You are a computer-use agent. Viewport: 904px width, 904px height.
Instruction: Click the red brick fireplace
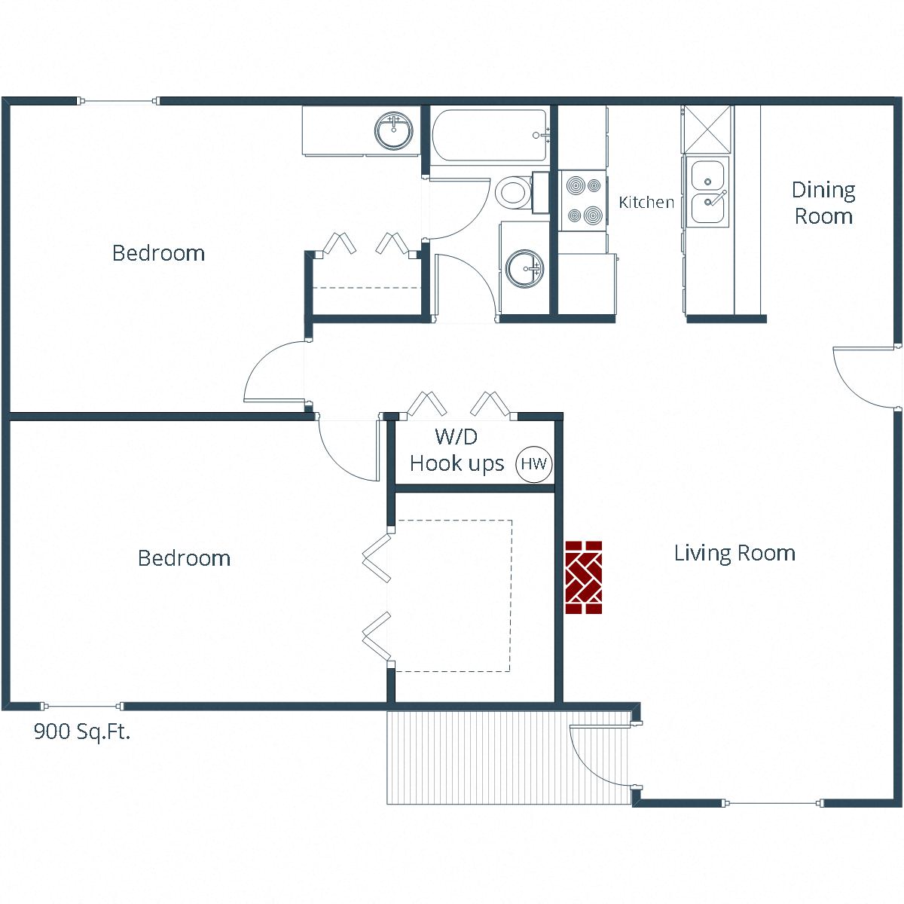click(584, 577)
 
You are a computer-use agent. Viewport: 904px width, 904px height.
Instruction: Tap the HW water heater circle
click(534, 463)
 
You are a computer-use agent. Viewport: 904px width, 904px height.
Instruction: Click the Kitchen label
click(646, 202)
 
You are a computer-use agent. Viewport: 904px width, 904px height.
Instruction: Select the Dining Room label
click(823, 203)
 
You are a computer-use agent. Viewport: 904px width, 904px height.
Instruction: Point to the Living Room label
click(734, 553)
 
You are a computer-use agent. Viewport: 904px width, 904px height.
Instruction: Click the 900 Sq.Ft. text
click(82, 731)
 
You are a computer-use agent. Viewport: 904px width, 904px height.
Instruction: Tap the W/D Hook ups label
click(457, 450)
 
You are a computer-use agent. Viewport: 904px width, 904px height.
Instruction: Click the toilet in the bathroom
click(513, 192)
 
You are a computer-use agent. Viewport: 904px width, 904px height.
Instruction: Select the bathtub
click(490, 136)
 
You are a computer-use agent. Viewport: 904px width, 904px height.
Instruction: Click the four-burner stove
click(584, 200)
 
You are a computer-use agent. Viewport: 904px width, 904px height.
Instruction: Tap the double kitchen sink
click(707, 192)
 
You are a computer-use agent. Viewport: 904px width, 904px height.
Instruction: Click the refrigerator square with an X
click(707, 129)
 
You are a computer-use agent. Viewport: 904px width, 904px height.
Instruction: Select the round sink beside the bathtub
click(394, 131)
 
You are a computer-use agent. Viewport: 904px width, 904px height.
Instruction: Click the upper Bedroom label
click(158, 253)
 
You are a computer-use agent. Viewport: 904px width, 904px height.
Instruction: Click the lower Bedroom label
click(184, 558)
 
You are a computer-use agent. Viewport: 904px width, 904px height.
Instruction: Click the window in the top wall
click(118, 101)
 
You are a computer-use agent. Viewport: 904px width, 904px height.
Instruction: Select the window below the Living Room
click(774, 803)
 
